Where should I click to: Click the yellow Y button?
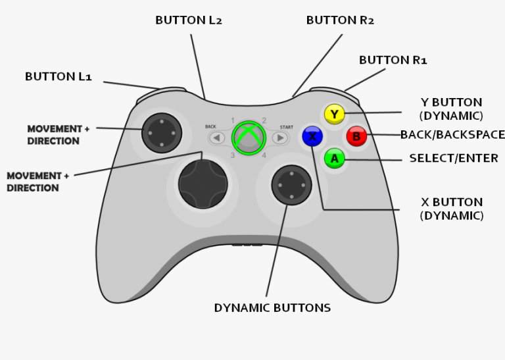pos(335,115)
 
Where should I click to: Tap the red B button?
pos(356,136)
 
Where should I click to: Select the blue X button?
pos(312,136)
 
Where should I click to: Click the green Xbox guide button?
pos(249,138)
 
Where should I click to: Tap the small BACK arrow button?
pos(217,138)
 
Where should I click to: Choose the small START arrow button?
pos(281,138)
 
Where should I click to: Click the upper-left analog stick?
pos(160,131)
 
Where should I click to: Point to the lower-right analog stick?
pos(291,184)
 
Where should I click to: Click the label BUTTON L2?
pos(189,20)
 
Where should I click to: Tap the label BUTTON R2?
pos(340,20)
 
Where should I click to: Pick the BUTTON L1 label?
pos(59,76)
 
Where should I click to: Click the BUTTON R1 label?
pos(393,60)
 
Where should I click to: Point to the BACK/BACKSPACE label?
pos(452,135)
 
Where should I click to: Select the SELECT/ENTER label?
pos(454,159)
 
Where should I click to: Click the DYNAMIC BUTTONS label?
pos(272,307)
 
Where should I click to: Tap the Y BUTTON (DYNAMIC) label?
pos(451,109)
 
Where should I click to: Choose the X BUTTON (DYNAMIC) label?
pos(452,209)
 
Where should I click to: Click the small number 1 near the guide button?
pos(232,120)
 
